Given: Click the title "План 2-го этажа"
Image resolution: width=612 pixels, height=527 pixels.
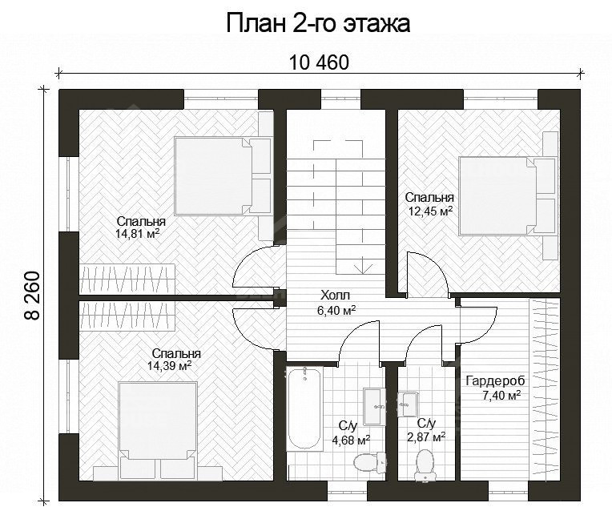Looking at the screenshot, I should (x=318, y=24).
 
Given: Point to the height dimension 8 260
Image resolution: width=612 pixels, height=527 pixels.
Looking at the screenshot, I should (x=33, y=296).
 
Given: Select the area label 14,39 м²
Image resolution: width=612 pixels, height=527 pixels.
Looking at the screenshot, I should (x=169, y=366).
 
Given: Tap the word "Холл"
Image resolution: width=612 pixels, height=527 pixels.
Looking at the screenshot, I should (x=336, y=295).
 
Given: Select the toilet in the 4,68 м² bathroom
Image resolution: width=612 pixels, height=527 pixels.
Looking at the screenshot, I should (x=367, y=462).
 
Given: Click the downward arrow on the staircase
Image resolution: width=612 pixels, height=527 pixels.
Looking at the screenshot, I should (x=364, y=265).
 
